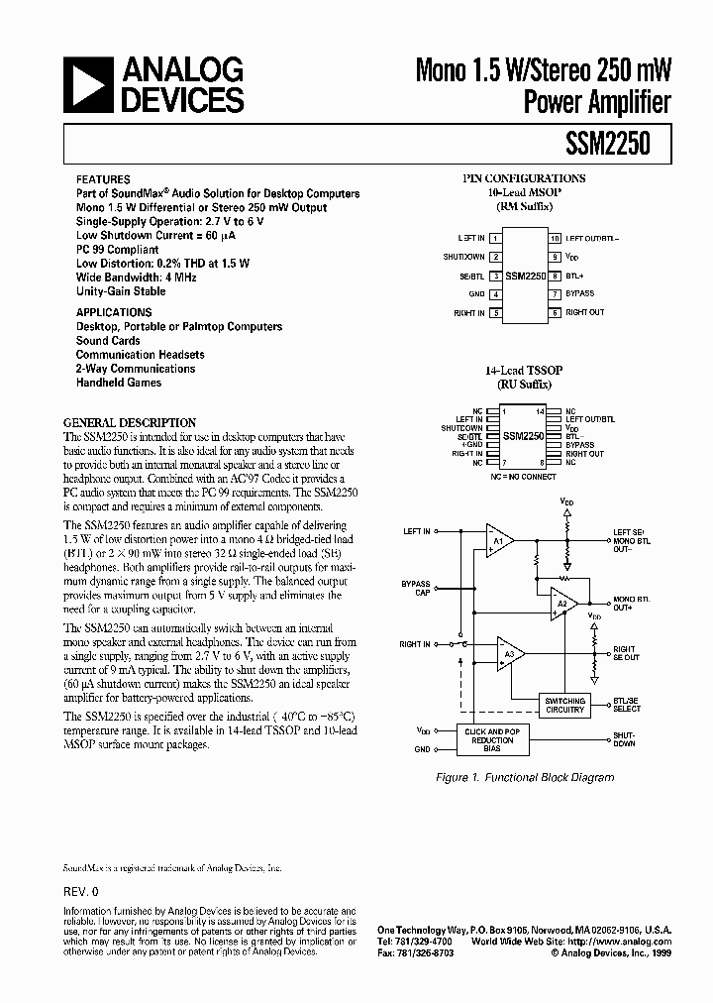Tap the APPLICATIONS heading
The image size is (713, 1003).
[x=114, y=312]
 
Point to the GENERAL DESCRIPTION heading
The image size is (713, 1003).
[x=130, y=422]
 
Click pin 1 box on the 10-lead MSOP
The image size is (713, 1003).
[x=495, y=239]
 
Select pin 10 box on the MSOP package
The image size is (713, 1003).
[x=555, y=239]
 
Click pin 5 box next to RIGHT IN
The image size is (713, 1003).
[x=495, y=313]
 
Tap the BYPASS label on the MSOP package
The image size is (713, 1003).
[x=579, y=294]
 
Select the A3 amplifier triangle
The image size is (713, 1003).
[x=510, y=654]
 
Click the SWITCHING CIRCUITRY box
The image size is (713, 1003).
[x=565, y=705]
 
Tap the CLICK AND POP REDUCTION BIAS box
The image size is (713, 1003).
[x=491, y=739]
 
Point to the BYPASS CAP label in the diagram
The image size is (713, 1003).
[x=416, y=588]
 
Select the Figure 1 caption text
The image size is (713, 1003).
[x=525, y=777]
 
